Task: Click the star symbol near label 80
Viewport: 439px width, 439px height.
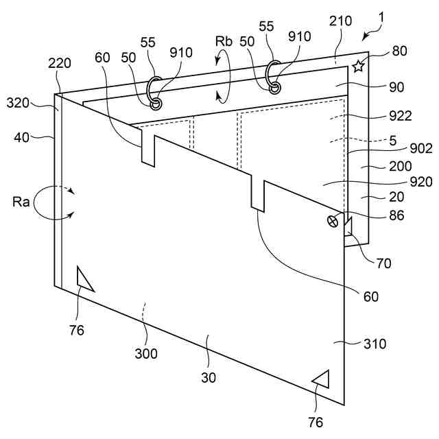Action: [357, 66]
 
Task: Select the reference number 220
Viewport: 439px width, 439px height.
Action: [59, 64]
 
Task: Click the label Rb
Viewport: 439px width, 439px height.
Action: [224, 41]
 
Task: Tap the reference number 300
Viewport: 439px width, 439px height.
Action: [146, 354]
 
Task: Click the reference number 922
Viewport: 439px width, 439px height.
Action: [399, 115]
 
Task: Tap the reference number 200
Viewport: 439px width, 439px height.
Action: [399, 165]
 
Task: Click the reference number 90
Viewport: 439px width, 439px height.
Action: [396, 87]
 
